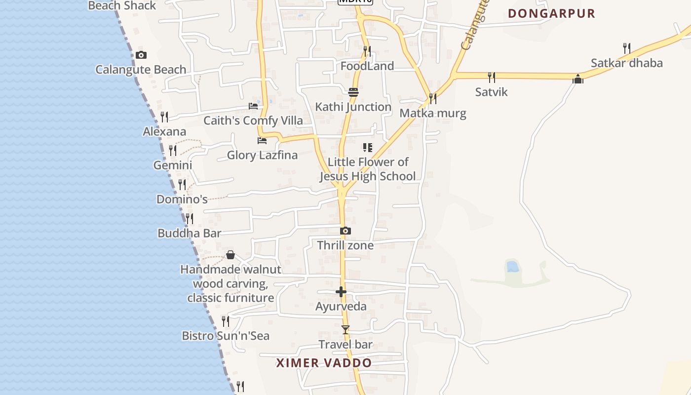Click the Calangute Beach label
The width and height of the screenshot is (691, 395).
click(141, 70)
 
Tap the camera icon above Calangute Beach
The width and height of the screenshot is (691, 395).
click(141, 55)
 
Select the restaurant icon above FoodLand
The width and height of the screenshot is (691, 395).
click(367, 51)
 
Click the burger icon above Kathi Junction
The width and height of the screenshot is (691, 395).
click(353, 92)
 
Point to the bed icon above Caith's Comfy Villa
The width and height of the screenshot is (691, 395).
click(253, 106)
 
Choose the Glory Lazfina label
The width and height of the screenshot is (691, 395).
click(262, 156)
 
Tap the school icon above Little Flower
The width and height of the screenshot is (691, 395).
click(367, 147)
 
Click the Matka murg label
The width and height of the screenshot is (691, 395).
click(432, 114)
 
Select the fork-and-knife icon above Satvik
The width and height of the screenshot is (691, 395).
click(491, 77)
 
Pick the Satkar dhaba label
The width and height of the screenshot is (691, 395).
click(626, 63)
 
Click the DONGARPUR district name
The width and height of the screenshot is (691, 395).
click(551, 13)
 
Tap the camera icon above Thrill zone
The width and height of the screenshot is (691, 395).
click(345, 231)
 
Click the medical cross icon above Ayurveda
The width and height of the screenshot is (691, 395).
click(341, 292)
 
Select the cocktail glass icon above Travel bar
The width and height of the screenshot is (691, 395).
click(345, 329)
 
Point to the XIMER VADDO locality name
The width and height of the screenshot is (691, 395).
click(324, 363)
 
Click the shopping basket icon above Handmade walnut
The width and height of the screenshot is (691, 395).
click(230, 255)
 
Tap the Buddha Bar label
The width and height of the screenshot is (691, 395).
click(189, 233)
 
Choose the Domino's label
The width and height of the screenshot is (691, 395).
click(182, 199)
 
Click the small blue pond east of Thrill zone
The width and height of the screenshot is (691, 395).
click(512, 267)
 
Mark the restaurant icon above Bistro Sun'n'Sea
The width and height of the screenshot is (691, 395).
click(225, 321)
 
